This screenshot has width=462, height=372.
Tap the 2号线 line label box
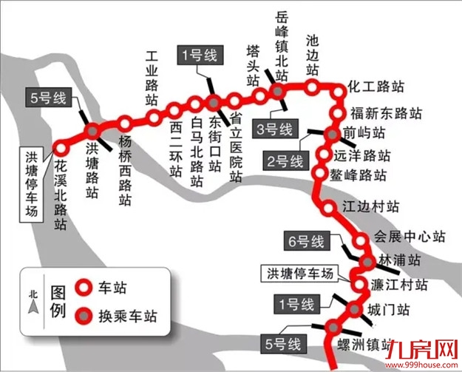[x=285, y=160]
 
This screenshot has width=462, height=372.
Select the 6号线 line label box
[x=306, y=241]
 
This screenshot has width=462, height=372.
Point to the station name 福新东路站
[x=386, y=114]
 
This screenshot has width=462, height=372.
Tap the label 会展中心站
[x=409, y=237]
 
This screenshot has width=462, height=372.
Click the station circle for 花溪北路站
[x=60, y=146]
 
